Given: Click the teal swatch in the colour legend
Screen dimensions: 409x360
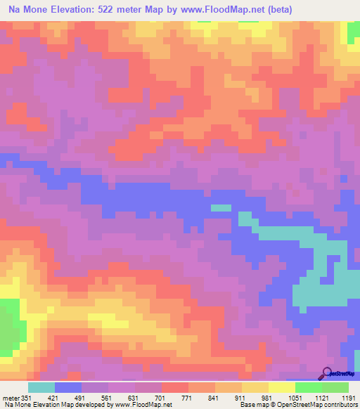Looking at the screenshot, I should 41,387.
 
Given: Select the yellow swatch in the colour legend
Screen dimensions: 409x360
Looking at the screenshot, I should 282,387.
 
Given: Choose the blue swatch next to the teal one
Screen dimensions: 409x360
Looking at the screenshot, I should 68,387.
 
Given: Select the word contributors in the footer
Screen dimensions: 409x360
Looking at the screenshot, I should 339,405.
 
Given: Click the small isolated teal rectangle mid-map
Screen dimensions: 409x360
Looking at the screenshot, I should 221,207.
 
